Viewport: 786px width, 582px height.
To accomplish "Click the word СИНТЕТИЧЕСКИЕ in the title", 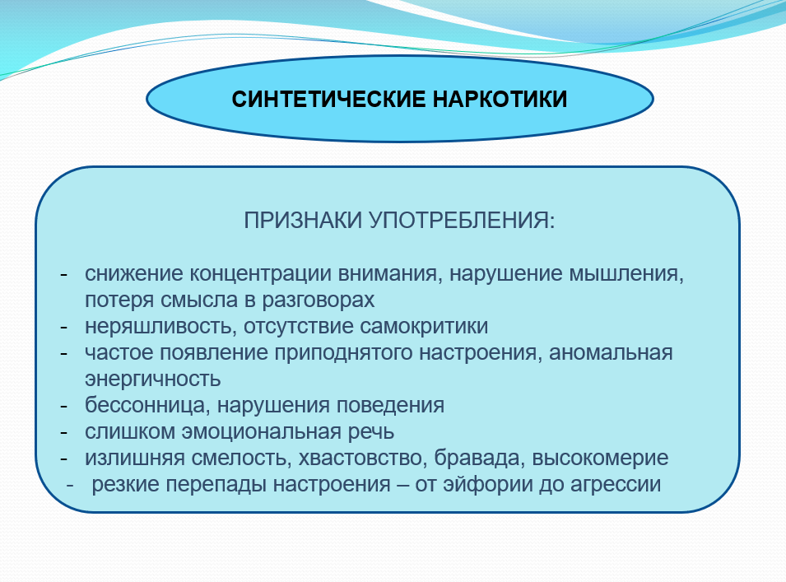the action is (x=328, y=99).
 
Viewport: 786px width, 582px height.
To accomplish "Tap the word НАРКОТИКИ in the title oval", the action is (x=500, y=99).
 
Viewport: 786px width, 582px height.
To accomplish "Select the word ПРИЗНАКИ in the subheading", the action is (x=303, y=220).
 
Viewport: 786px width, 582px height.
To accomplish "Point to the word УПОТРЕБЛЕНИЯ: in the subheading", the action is (x=463, y=220).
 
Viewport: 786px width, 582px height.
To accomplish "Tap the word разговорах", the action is (x=319, y=300).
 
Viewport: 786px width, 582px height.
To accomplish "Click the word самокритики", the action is (x=424, y=327).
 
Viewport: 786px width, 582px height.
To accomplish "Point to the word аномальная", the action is (x=611, y=353).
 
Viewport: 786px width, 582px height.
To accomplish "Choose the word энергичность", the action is (x=153, y=379).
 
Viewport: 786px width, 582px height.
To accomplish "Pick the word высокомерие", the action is (x=600, y=459).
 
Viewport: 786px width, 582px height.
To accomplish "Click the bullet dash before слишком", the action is (x=63, y=432).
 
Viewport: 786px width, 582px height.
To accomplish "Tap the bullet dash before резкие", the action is (x=70, y=485).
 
